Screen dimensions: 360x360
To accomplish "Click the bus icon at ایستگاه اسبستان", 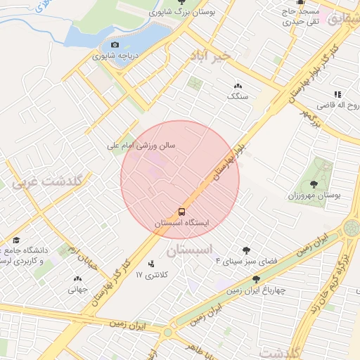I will [182, 211].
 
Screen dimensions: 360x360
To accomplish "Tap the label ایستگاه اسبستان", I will [182, 223].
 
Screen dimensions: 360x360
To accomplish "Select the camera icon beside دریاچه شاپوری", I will [115, 44].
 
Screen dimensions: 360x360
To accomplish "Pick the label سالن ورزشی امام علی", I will [141, 146].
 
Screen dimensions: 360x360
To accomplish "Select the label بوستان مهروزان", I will [314, 195].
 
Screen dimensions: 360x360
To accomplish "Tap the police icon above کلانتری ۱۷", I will [151, 264].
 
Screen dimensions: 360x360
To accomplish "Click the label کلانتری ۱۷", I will [153, 276].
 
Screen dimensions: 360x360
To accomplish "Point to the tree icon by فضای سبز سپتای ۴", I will [246, 250].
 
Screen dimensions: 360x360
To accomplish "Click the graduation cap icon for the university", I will [15, 240].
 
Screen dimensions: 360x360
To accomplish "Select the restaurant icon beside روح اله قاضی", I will [337, 94].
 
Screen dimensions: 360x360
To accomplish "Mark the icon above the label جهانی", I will [77, 278].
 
